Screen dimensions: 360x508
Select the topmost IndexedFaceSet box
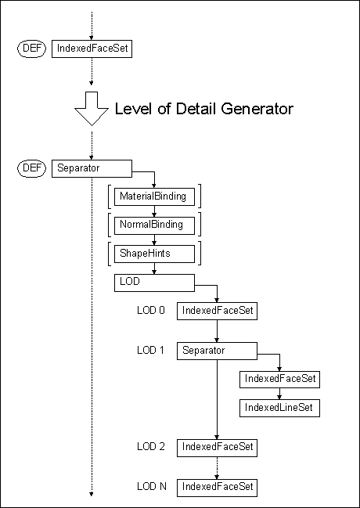click(x=92, y=49)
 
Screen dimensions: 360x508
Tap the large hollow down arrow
click(x=92, y=109)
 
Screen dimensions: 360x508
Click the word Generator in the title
click(x=257, y=109)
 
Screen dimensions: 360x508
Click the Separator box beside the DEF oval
click(x=92, y=168)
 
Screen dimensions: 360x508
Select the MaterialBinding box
click(x=154, y=196)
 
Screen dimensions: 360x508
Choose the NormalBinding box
click(x=154, y=225)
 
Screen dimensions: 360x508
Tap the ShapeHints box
click(x=154, y=254)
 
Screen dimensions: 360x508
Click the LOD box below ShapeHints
click(x=154, y=283)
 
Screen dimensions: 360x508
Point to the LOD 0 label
click(x=151, y=311)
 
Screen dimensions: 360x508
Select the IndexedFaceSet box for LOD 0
click(x=217, y=311)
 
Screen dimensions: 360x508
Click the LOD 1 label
click(x=150, y=350)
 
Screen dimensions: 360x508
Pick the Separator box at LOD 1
click(x=217, y=351)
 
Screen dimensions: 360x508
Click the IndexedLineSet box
click(x=279, y=408)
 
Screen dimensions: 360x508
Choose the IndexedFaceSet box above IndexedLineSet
click(x=279, y=379)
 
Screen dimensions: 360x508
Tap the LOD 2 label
click(x=151, y=447)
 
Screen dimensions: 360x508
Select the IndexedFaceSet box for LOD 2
click(x=217, y=448)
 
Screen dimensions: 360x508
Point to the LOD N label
click(x=152, y=486)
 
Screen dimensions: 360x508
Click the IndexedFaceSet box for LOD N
click(x=217, y=488)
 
